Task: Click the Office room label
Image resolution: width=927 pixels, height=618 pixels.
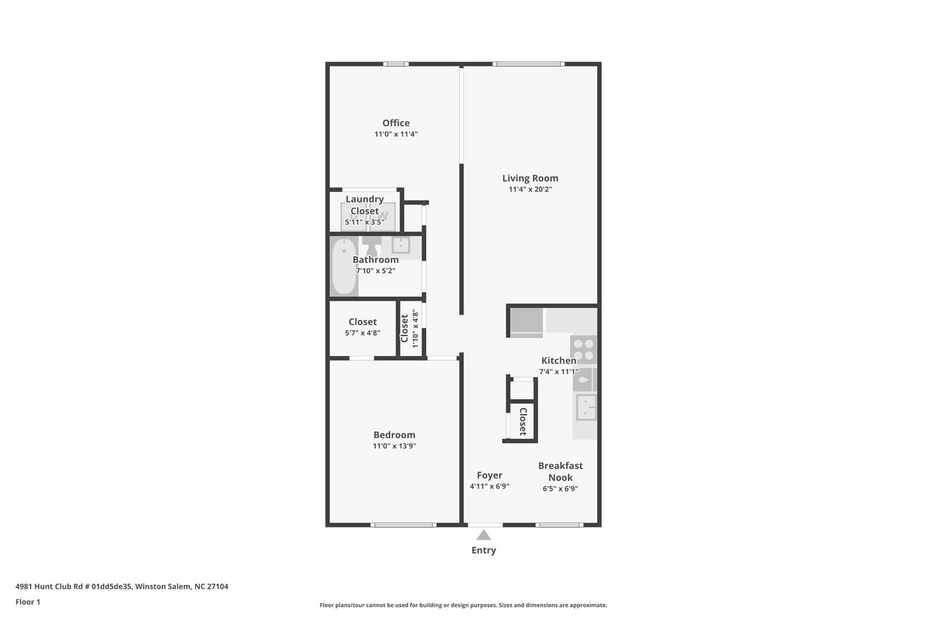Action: [x=395, y=123]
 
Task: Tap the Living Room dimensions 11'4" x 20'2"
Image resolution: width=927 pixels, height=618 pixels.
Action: [x=530, y=190]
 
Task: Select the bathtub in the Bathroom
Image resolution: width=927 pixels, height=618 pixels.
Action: [x=344, y=267]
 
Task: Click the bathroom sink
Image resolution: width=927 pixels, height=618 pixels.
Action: [x=401, y=244]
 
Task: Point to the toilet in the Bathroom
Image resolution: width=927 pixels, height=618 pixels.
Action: [x=372, y=246]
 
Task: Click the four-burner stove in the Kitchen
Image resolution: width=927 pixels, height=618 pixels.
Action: [x=583, y=349]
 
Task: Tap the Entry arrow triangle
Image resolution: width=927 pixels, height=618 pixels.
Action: [x=484, y=535]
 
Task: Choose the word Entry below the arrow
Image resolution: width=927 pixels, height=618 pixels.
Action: [x=484, y=551]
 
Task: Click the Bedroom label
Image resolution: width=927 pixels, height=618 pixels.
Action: [x=394, y=435]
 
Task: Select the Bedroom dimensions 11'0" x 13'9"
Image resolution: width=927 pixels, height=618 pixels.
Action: [x=394, y=446]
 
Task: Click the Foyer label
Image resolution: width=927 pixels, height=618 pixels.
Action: [x=490, y=475]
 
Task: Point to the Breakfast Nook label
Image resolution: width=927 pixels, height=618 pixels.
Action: [x=560, y=472]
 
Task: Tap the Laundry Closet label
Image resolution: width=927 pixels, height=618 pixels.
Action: [x=365, y=205]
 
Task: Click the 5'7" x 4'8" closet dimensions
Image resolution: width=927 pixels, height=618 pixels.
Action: [x=363, y=333]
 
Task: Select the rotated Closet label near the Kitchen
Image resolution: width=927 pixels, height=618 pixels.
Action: [x=523, y=421]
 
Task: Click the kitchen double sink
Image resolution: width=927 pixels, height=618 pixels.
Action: [x=585, y=407]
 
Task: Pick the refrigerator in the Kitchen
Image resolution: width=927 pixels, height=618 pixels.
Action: [x=526, y=321]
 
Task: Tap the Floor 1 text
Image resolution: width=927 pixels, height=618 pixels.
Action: [x=28, y=602]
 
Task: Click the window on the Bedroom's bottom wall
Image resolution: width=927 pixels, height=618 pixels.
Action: [x=403, y=525]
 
